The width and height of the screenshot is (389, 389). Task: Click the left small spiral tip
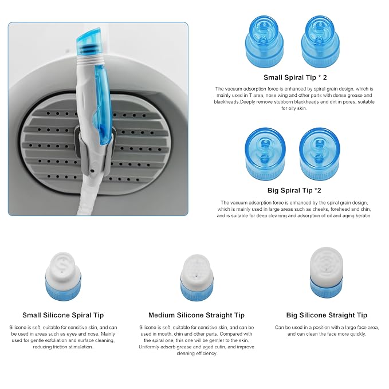(265, 41)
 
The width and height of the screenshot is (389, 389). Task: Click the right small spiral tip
(320, 41)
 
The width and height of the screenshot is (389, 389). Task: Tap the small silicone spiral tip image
(63, 276)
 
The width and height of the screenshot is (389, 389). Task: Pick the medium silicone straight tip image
(197, 277)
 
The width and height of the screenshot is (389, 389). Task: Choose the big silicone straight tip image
(327, 272)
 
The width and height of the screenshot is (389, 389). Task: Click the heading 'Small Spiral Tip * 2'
(295, 77)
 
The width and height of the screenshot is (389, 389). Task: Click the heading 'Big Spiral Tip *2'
(294, 190)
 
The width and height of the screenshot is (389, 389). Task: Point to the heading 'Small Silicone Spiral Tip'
(63, 315)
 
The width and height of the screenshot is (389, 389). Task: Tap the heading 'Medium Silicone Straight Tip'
(197, 315)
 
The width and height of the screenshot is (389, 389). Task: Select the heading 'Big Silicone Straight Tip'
(327, 315)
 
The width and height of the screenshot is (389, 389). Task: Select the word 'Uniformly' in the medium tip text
(149, 347)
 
